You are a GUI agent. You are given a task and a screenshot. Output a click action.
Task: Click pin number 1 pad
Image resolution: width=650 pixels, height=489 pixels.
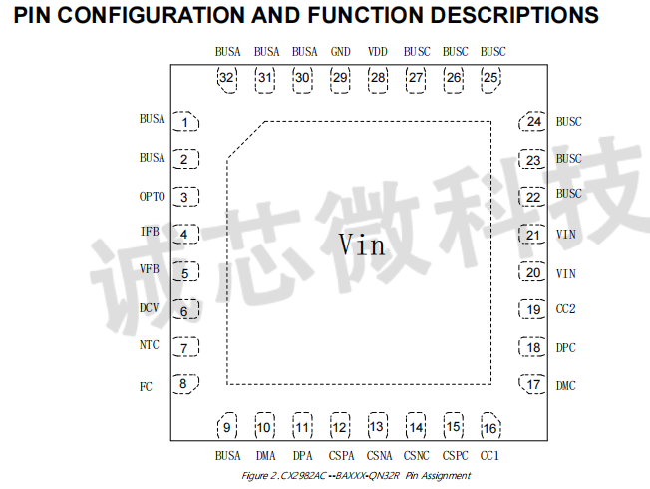[185, 122]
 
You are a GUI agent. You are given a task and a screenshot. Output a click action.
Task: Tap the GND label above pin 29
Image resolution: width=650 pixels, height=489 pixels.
[340, 51]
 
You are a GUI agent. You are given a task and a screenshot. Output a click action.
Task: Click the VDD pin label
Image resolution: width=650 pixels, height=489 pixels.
[378, 51]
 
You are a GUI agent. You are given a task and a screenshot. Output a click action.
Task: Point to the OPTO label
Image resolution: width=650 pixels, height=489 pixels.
[153, 196]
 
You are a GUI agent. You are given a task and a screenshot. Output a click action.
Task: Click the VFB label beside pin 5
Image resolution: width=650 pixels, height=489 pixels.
[150, 269]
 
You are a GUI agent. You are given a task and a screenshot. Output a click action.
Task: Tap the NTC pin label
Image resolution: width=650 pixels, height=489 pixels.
[150, 345]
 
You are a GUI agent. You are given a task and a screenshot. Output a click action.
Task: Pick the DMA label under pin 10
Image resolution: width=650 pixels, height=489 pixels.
[265, 456]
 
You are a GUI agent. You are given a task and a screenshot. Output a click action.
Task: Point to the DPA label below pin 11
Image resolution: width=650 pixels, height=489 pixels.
[302, 456]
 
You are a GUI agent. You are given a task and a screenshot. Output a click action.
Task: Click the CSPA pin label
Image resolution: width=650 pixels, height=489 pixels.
[340, 456]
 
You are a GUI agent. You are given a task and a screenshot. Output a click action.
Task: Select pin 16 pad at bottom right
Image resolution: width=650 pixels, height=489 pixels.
[488, 427]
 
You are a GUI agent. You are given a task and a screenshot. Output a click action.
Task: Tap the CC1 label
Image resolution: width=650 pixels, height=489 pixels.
[489, 456]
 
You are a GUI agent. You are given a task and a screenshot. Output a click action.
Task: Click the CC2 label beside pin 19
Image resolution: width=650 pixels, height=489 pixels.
[565, 309]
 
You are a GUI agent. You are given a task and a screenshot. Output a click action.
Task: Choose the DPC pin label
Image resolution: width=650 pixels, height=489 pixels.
[565, 347]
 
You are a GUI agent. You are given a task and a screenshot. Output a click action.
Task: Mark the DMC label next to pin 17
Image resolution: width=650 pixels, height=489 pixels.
[565, 385]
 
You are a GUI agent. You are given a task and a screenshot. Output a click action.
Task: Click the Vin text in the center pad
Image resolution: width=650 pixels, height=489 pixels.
[361, 244]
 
